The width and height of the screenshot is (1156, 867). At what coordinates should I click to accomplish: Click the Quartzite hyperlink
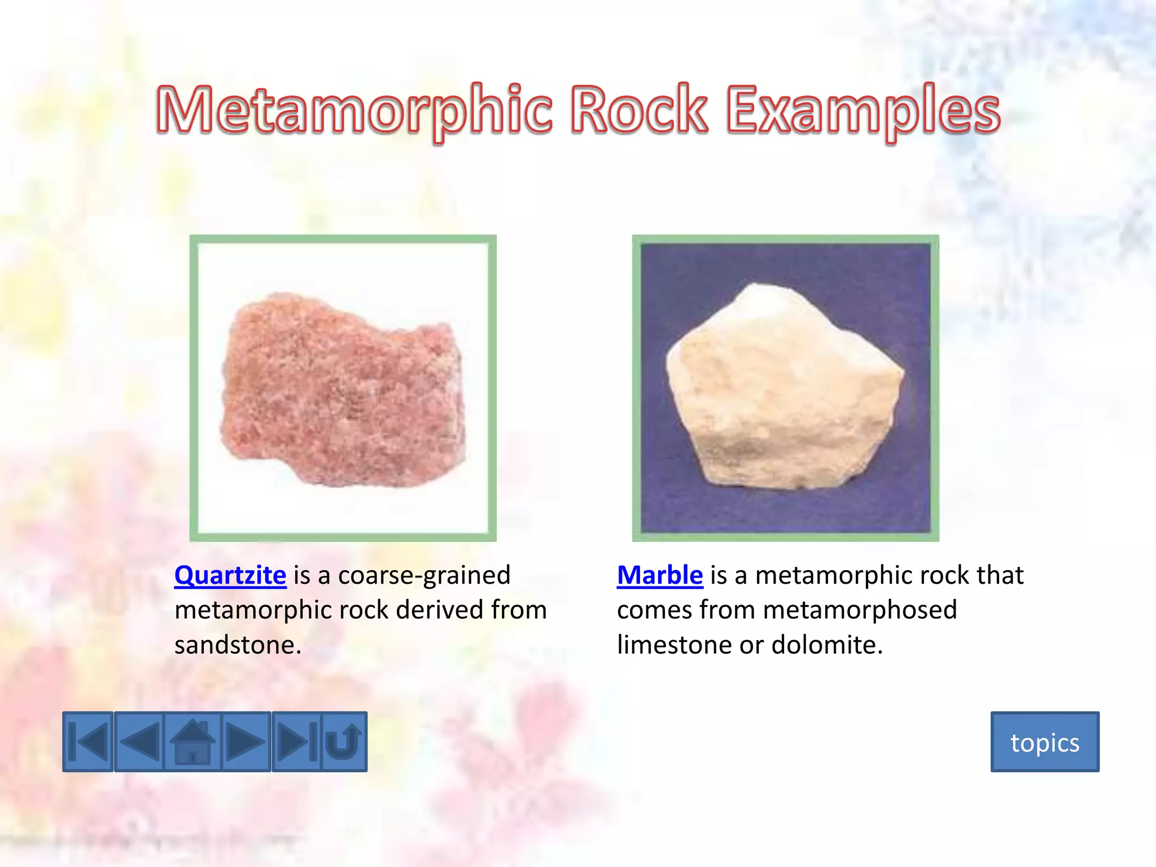pyautogui.click(x=230, y=575)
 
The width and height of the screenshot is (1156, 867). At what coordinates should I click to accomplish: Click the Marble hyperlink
pyautogui.click(x=660, y=575)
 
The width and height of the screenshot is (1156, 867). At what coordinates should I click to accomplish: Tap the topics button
pyautogui.click(x=1045, y=742)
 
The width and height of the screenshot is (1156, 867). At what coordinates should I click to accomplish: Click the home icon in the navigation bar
pyautogui.click(x=192, y=742)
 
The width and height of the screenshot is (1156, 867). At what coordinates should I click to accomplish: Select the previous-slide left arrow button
pyautogui.click(x=139, y=742)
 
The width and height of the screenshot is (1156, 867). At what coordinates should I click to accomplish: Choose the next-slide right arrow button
pyautogui.click(x=246, y=742)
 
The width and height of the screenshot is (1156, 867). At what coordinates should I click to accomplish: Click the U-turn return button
pyautogui.click(x=344, y=742)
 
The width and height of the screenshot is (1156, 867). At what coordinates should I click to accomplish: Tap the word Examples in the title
pyautogui.click(x=863, y=110)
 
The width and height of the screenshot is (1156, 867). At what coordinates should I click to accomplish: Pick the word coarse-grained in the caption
pyautogui.click(x=424, y=575)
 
